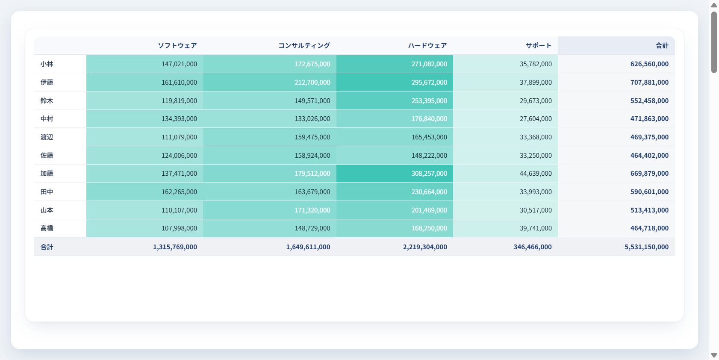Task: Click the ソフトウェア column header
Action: (177, 46)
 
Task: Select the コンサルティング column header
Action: (304, 46)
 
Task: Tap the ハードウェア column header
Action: (427, 46)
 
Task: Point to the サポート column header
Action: (538, 46)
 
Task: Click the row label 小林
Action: (47, 64)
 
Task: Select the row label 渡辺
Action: (47, 137)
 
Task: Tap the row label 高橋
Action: (47, 228)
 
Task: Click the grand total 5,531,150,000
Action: (646, 247)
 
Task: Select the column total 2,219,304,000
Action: (425, 247)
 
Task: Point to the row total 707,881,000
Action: (649, 82)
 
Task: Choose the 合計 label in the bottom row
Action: (47, 247)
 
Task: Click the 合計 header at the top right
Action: (662, 46)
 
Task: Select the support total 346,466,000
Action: (533, 247)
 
